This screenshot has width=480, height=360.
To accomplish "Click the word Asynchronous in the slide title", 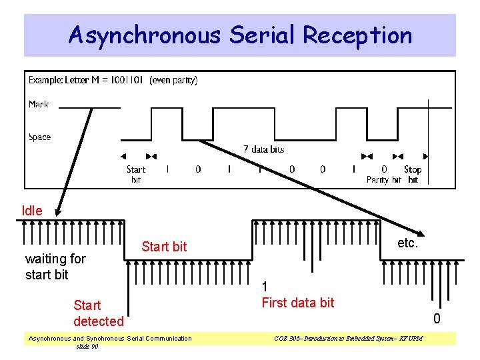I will (x=143, y=35).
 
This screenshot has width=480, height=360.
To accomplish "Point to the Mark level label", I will (x=39, y=104).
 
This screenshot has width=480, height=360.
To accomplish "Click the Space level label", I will (x=39, y=137).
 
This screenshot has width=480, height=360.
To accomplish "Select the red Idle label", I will (x=32, y=211).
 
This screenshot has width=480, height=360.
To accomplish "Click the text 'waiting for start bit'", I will (x=55, y=267).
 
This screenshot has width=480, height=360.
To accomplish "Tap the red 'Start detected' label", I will (x=98, y=313).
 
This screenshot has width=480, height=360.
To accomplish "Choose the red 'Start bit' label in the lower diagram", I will (x=164, y=247).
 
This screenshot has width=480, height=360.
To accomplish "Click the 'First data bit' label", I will (x=298, y=303).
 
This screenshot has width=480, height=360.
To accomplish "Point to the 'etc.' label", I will (x=407, y=243).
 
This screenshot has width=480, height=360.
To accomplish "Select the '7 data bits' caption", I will (x=264, y=149).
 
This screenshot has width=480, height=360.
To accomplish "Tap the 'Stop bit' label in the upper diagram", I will (x=413, y=175).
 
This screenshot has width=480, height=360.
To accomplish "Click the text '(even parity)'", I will (x=173, y=80).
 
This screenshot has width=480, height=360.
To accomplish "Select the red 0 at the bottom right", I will (x=437, y=319).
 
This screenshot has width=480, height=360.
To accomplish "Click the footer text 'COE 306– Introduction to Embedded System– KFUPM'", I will (x=348, y=339).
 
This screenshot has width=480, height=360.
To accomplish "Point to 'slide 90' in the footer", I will (x=87, y=347).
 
